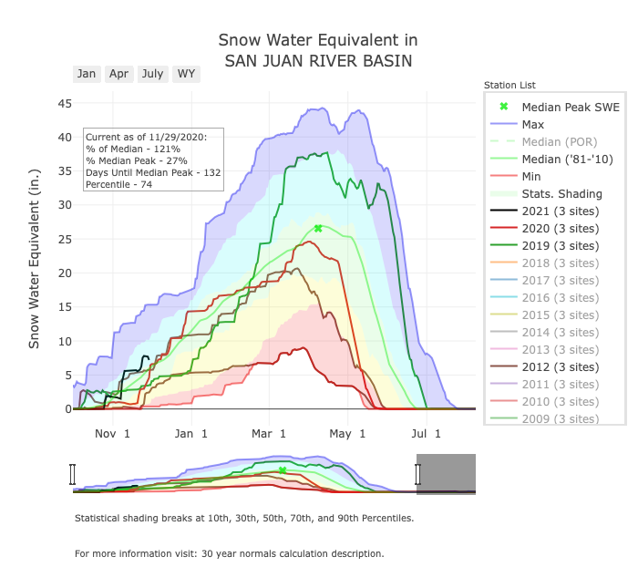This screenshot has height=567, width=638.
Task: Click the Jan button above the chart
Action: [87, 74]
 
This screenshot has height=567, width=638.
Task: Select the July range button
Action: [152, 74]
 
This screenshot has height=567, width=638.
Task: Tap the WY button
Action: [186, 74]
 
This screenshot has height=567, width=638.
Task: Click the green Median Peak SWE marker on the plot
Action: [318, 228]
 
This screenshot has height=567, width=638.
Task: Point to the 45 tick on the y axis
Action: [65, 103]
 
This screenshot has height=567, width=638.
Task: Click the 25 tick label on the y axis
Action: [65, 239]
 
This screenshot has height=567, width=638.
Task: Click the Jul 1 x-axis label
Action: [425, 433]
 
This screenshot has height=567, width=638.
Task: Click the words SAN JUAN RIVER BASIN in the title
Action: [318, 61]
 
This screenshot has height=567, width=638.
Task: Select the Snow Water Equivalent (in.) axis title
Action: [35, 256]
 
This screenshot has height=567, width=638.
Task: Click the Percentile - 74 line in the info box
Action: [118, 185]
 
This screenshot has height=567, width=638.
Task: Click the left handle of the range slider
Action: [73, 474]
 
